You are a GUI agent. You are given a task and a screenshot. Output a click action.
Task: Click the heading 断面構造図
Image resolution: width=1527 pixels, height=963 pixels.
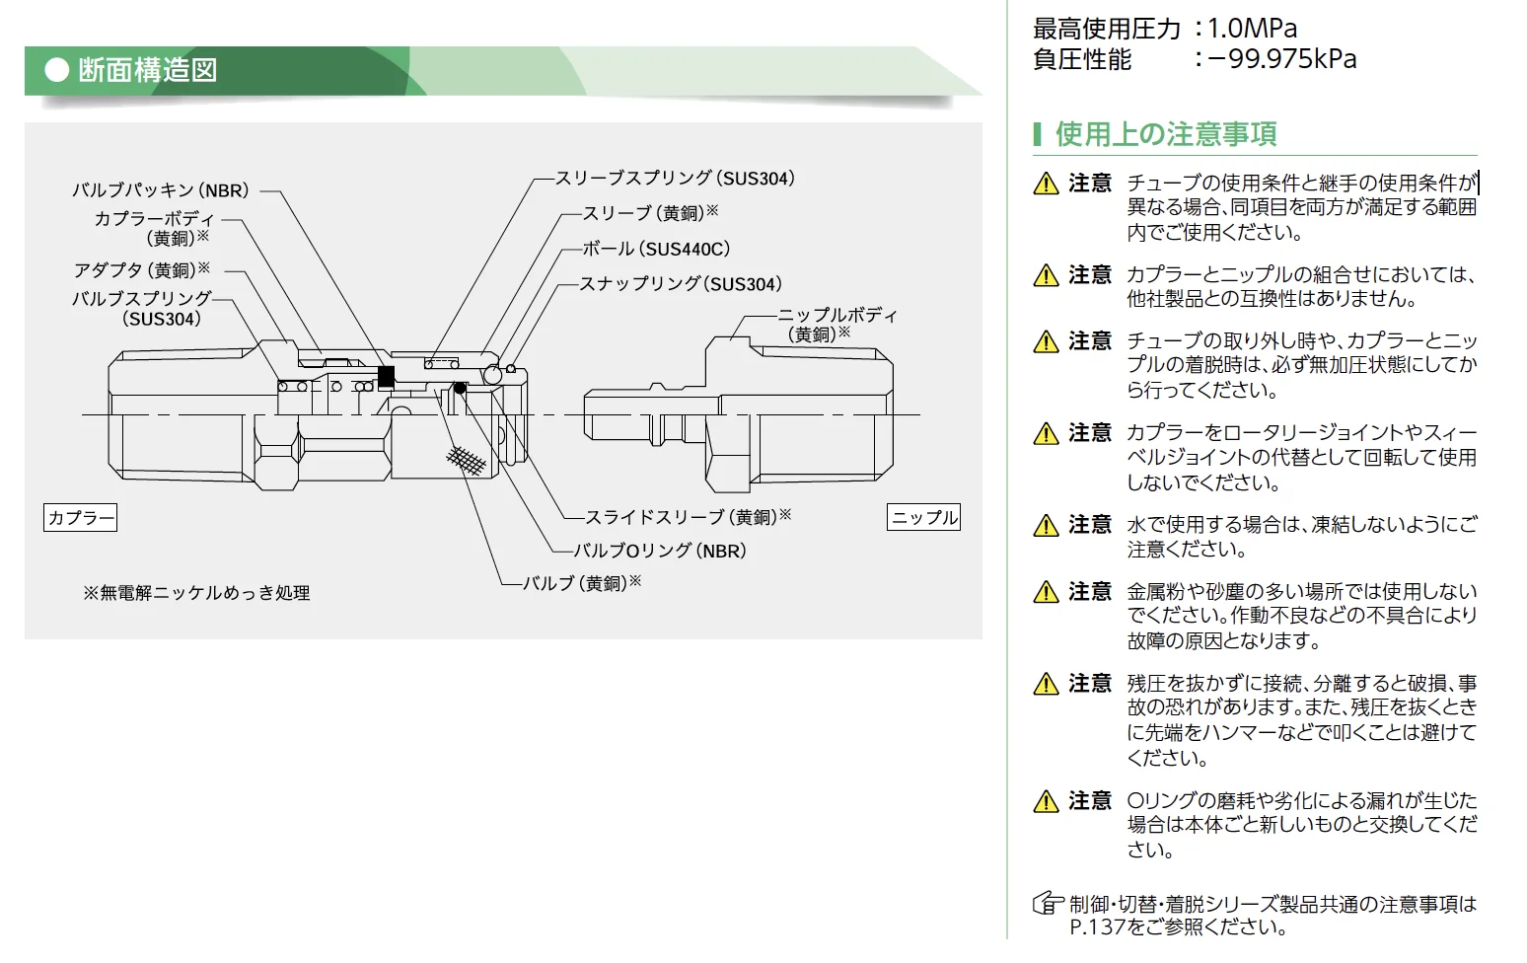pos(147,70)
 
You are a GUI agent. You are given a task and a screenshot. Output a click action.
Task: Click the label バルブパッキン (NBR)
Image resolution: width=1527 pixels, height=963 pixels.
pos(161,190)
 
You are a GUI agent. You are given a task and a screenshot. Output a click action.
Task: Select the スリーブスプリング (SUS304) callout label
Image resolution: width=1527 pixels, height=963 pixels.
pos(675,179)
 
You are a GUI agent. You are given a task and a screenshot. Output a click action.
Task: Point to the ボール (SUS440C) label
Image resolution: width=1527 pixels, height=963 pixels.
pos(656,250)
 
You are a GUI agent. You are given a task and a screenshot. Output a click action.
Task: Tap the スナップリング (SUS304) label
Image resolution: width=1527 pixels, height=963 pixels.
pos(681,284)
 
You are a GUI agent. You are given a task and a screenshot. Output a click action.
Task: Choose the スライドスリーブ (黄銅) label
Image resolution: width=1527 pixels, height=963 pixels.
pos(688,517)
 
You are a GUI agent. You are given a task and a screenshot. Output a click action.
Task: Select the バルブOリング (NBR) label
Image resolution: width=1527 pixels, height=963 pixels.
pos(660,551)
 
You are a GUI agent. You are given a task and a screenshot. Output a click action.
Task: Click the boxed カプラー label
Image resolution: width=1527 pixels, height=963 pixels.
pos(80,517)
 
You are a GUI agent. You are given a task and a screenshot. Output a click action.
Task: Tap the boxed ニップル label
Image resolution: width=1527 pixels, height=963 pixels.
pos(924,517)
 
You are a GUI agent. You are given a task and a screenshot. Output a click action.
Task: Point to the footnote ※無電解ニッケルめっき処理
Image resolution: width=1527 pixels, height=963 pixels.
pos(196,593)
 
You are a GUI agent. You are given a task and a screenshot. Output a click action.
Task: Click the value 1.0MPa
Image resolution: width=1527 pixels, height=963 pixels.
pos(1252,29)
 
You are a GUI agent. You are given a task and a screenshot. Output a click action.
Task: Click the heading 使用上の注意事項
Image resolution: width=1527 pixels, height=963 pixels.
pos(1166,133)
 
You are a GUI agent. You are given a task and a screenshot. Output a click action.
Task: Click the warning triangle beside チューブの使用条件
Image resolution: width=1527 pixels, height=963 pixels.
pos(1046,185)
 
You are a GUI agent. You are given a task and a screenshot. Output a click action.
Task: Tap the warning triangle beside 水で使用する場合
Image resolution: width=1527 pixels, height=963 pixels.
pos(1046,526)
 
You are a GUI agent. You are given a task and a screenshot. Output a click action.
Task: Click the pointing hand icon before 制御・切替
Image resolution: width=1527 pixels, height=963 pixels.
pos(1048,903)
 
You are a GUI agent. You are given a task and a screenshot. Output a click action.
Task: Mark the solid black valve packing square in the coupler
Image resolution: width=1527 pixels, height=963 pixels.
pos(387,376)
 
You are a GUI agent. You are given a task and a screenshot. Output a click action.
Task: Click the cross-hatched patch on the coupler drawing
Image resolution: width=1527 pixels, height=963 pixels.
pos(467,460)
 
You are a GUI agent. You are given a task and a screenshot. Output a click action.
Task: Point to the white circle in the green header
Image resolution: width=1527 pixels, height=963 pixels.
pos(57,70)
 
